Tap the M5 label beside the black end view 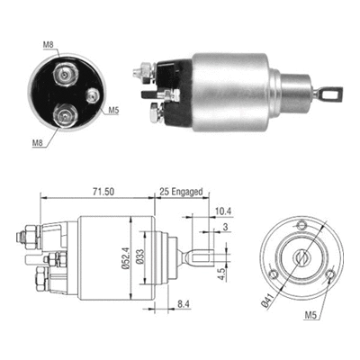click(x=114, y=111)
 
